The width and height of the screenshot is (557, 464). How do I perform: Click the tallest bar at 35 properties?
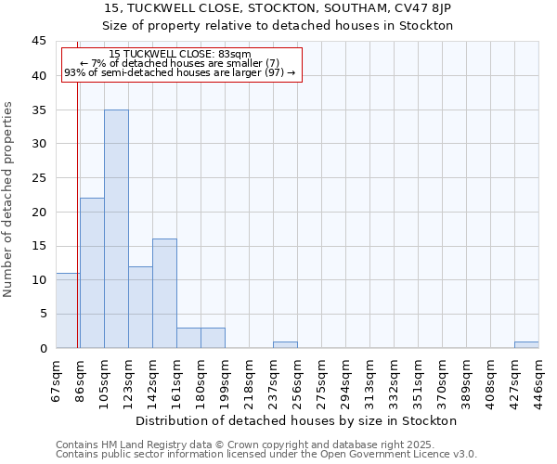[x=116, y=228]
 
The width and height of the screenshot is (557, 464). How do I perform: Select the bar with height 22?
[x=92, y=273]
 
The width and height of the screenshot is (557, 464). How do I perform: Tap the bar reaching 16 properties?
[x=164, y=293]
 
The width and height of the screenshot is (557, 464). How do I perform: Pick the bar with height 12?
[x=140, y=307]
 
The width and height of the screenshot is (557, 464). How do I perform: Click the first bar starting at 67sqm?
[x=67, y=311]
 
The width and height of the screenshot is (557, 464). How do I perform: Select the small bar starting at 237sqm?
[x=285, y=344]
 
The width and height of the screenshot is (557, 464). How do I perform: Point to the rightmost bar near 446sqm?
[x=526, y=344]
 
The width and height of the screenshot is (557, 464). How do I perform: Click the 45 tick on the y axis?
[x=39, y=42]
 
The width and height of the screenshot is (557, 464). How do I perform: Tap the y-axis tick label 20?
[x=39, y=212]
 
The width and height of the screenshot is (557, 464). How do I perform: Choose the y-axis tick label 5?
[x=43, y=314]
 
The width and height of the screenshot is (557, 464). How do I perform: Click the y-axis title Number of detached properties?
[x=9, y=200]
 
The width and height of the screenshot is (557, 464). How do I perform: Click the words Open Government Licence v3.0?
[x=401, y=455]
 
